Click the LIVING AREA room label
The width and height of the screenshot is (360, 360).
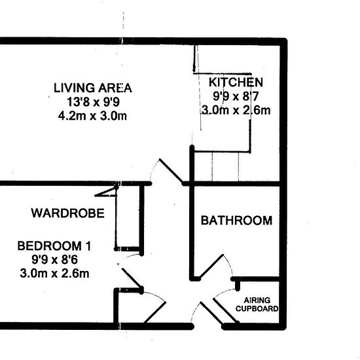[93, 88]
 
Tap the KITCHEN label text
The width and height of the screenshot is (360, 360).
[236, 82]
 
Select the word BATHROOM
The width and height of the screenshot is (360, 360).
[236, 221]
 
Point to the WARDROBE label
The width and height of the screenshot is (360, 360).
[67, 213]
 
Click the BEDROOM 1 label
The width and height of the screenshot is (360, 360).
[54, 246]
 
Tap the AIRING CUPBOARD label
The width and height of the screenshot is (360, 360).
[257, 304]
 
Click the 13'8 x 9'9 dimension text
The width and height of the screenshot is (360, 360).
[93, 102]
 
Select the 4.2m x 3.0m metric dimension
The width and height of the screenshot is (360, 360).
[92, 116]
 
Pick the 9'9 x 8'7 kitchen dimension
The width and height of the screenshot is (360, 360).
[236, 96]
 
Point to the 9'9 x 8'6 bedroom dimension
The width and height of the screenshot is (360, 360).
[54, 260]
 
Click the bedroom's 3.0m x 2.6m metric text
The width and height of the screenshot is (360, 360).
[54, 274]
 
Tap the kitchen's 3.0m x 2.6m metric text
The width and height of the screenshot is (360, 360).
[236, 110]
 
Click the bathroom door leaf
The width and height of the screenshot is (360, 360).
[211, 266]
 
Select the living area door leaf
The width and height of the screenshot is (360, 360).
[171, 170]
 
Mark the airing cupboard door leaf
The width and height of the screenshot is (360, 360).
[226, 310]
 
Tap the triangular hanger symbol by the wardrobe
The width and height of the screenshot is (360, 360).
[106, 192]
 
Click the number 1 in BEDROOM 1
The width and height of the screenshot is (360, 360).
[88, 246]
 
